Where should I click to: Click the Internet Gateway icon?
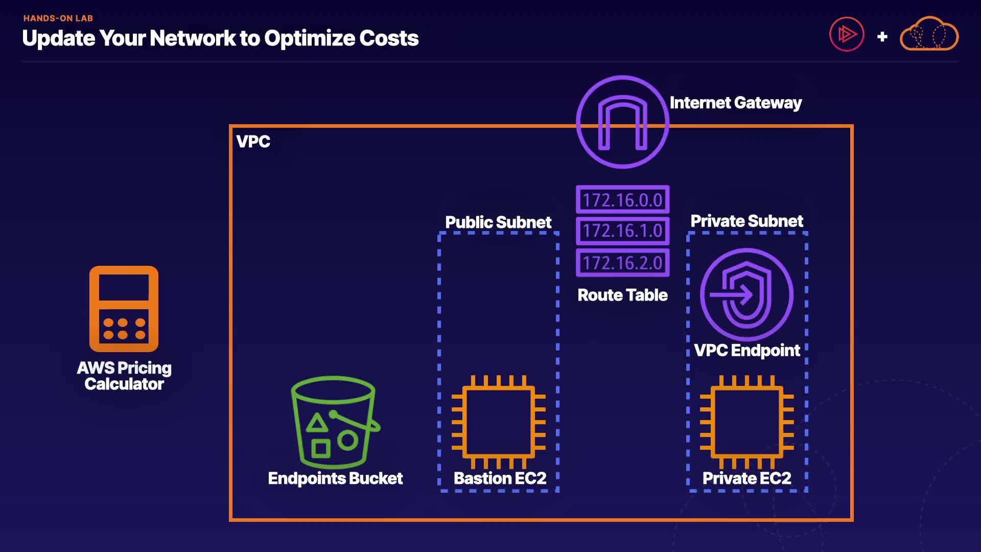(622, 122)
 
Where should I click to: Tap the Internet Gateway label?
(735, 103)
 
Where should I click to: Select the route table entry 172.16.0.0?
(622, 200)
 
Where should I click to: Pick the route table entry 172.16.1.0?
(622, 231)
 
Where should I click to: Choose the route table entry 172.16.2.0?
(622, 263)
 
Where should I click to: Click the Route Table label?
(622, 295)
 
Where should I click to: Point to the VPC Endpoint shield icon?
(746, 294)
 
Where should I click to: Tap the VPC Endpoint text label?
(746, 350)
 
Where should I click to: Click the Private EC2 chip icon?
(746, 422)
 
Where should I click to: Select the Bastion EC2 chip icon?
(499, 422)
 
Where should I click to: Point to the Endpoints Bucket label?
(335, 478)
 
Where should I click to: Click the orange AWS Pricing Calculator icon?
(124, 309)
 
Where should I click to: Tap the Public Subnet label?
(498, 222)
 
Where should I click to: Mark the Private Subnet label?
(746, 221)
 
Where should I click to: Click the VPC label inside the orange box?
(253, 142)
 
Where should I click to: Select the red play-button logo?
(847, 35)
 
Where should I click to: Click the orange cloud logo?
(929, 34)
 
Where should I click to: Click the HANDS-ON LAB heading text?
(58, 18)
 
